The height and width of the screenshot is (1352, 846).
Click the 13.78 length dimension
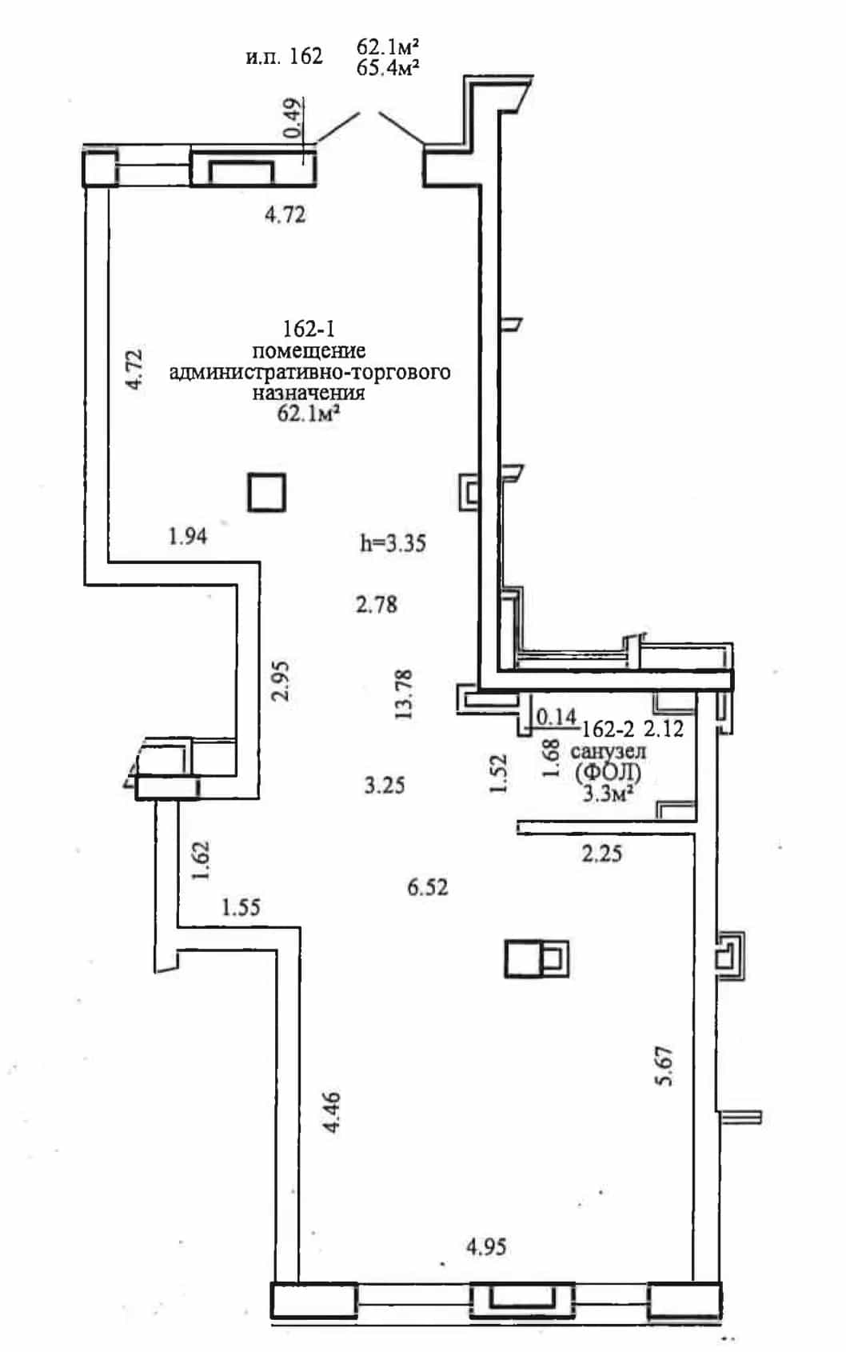click(403, 694)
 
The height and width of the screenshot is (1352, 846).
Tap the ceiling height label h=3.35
click(393, 543)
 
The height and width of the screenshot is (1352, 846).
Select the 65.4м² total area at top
click(388, 67)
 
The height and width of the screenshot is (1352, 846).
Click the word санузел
click(608, 751)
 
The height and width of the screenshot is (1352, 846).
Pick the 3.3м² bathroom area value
click(607, 793)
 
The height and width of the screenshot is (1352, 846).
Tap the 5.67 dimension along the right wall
click(664, 1066)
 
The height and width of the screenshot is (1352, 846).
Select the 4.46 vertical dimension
click(331, 1112)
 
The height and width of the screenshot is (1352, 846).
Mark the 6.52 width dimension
click(428, 887)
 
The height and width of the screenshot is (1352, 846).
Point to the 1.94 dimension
click(188, 536)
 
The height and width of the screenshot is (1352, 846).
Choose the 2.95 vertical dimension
click(280, 681)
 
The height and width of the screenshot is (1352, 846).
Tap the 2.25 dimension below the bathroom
click(601, 854)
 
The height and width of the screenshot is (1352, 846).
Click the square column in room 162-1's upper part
click(266, 493)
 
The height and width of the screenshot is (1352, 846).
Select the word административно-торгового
click(309, 372)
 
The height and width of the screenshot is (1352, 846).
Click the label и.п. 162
click(284, 56)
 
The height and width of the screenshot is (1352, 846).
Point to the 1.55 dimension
click(241, 907)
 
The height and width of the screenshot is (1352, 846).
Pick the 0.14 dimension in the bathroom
click(556, 717)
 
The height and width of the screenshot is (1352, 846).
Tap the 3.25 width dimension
click(385, 786)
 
